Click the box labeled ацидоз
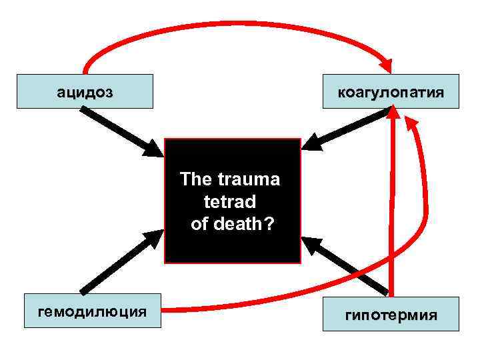(85, 91)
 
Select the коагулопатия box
(391, 91)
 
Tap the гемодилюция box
(93, 311)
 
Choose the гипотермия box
(391, 314)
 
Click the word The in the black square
(195, 180)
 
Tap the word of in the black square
(199, 224)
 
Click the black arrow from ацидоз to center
(120, 131)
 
